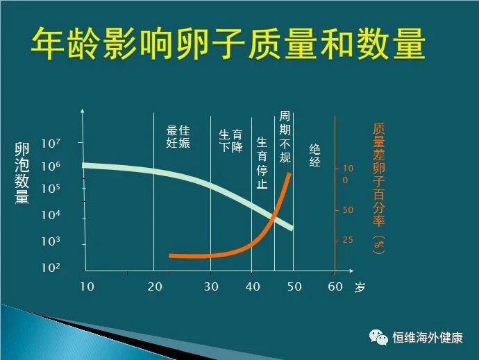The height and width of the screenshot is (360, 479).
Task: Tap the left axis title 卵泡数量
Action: (22, 173)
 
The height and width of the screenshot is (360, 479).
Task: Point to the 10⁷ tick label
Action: (51, 144)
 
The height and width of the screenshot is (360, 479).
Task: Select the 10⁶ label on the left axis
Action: (51, 166)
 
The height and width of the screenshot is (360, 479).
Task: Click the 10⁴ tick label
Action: (51, 216)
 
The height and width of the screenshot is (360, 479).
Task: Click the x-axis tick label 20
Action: (155, 286)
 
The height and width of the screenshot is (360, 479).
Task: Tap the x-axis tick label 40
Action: (254, 286)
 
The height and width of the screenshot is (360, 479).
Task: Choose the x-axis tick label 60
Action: (335, 286)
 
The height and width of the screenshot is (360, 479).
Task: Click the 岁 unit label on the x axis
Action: (359, 287)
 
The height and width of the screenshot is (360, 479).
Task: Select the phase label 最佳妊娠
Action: (178, 137)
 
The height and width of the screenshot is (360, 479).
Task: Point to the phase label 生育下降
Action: (230, 141)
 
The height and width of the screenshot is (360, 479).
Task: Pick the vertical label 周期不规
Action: (285, 137)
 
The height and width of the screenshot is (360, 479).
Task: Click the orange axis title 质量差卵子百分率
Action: (378, 187)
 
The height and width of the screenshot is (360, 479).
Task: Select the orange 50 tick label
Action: (348, 210)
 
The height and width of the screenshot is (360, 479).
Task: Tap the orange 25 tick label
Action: (348, 240)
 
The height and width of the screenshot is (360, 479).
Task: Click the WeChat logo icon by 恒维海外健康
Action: (379, 336)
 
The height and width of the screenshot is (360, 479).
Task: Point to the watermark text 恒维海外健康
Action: (428, 337)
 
